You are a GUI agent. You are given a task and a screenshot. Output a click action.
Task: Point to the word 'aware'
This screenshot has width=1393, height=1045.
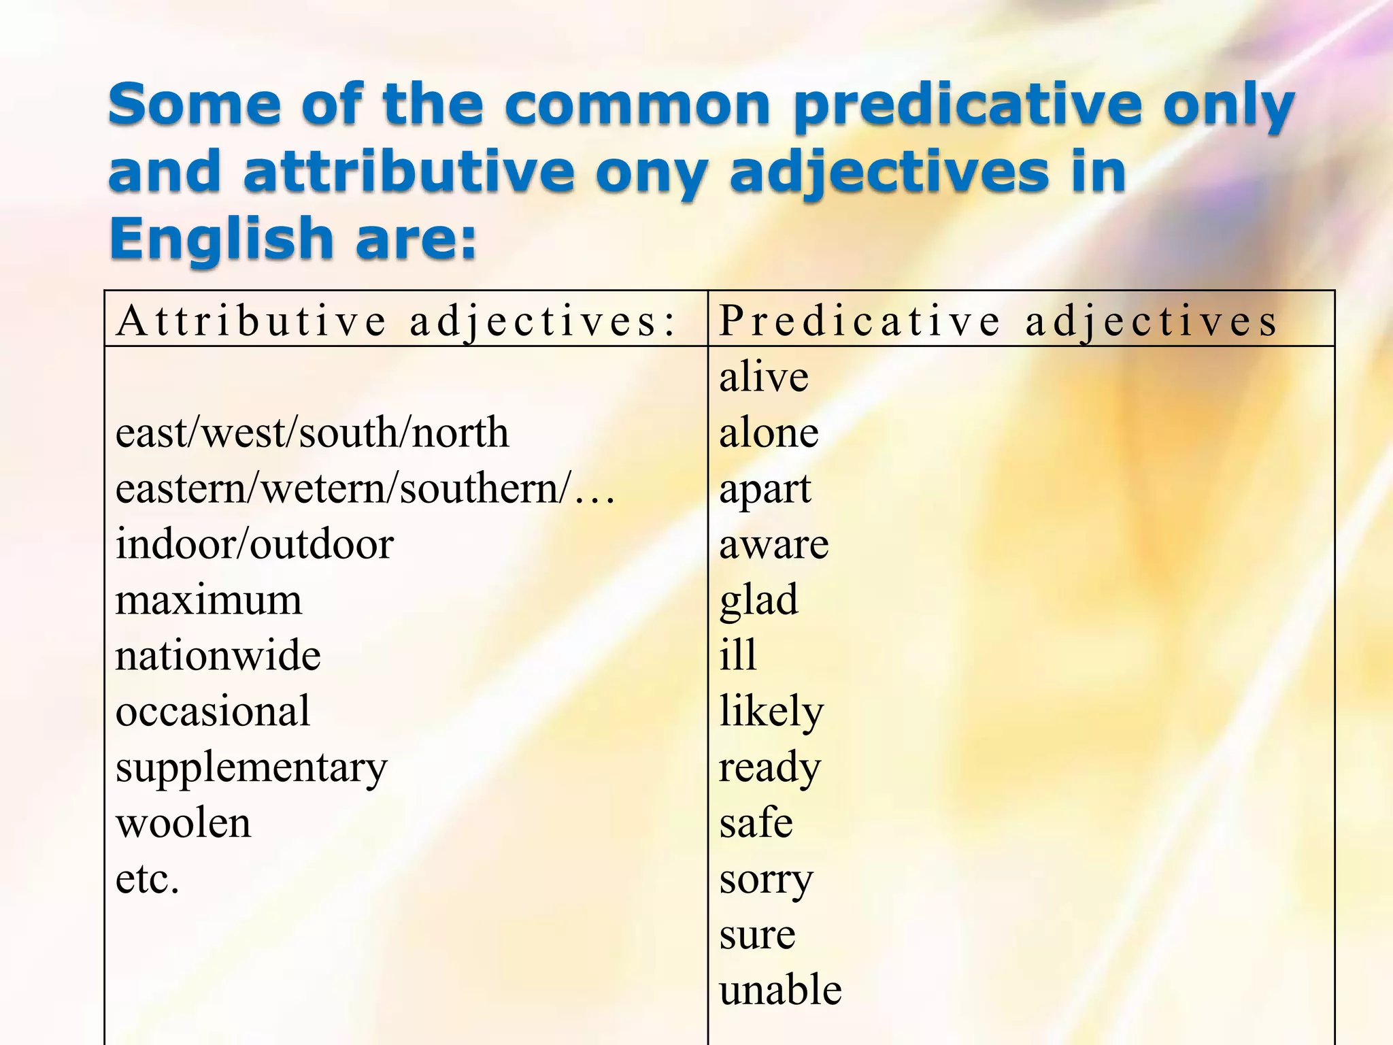tap(774, 544)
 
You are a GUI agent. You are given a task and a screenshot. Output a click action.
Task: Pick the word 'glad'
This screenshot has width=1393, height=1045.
tap(758, 601)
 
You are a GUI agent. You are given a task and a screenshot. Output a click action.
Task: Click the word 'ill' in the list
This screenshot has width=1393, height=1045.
tap(738, 655)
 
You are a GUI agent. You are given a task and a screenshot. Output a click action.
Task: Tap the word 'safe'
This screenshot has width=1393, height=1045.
tap(756, 823)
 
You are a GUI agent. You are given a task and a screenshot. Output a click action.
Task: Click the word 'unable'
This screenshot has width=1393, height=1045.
tap(780, 991)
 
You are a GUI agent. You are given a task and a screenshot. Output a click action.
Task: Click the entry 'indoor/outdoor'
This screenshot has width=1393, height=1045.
tap(254, 544)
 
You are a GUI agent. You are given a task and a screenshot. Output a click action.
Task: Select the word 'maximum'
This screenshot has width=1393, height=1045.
tap(208, 601)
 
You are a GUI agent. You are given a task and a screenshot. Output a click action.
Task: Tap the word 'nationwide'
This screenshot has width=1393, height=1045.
tap(218, 656)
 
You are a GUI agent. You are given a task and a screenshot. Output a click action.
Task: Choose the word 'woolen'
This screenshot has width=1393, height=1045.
tap(183, 824)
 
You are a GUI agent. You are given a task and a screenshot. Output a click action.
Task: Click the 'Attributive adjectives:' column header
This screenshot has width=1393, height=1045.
tap(396, 321)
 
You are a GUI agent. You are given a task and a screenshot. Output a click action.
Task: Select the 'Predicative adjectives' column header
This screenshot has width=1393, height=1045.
tap(998, 321)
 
